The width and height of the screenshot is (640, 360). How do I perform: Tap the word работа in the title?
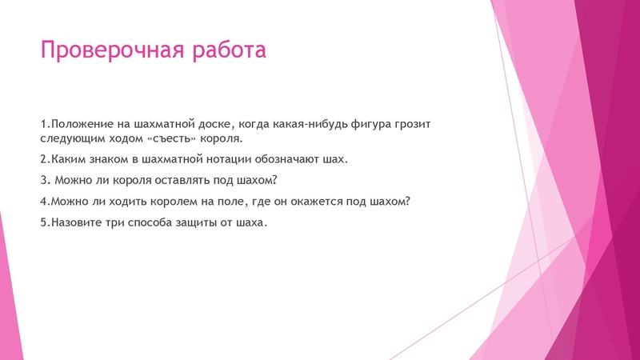228,51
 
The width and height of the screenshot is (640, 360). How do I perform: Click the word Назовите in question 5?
75,222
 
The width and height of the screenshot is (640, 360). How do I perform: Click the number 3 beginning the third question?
43,181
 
